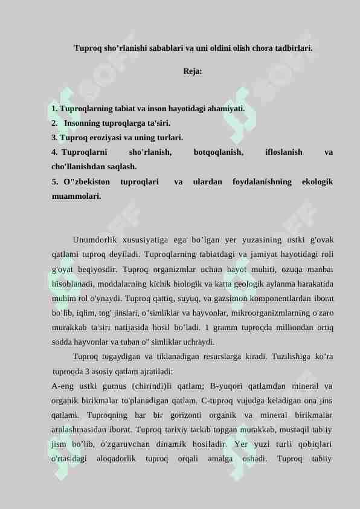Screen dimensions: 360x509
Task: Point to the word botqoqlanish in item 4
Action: pos(219,153)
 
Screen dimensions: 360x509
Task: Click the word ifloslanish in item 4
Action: pos(284,153)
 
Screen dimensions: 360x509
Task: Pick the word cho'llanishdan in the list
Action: pos(76,166)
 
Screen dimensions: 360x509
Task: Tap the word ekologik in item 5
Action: pos(317,181)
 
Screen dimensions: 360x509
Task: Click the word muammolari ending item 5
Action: pos(76,196)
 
